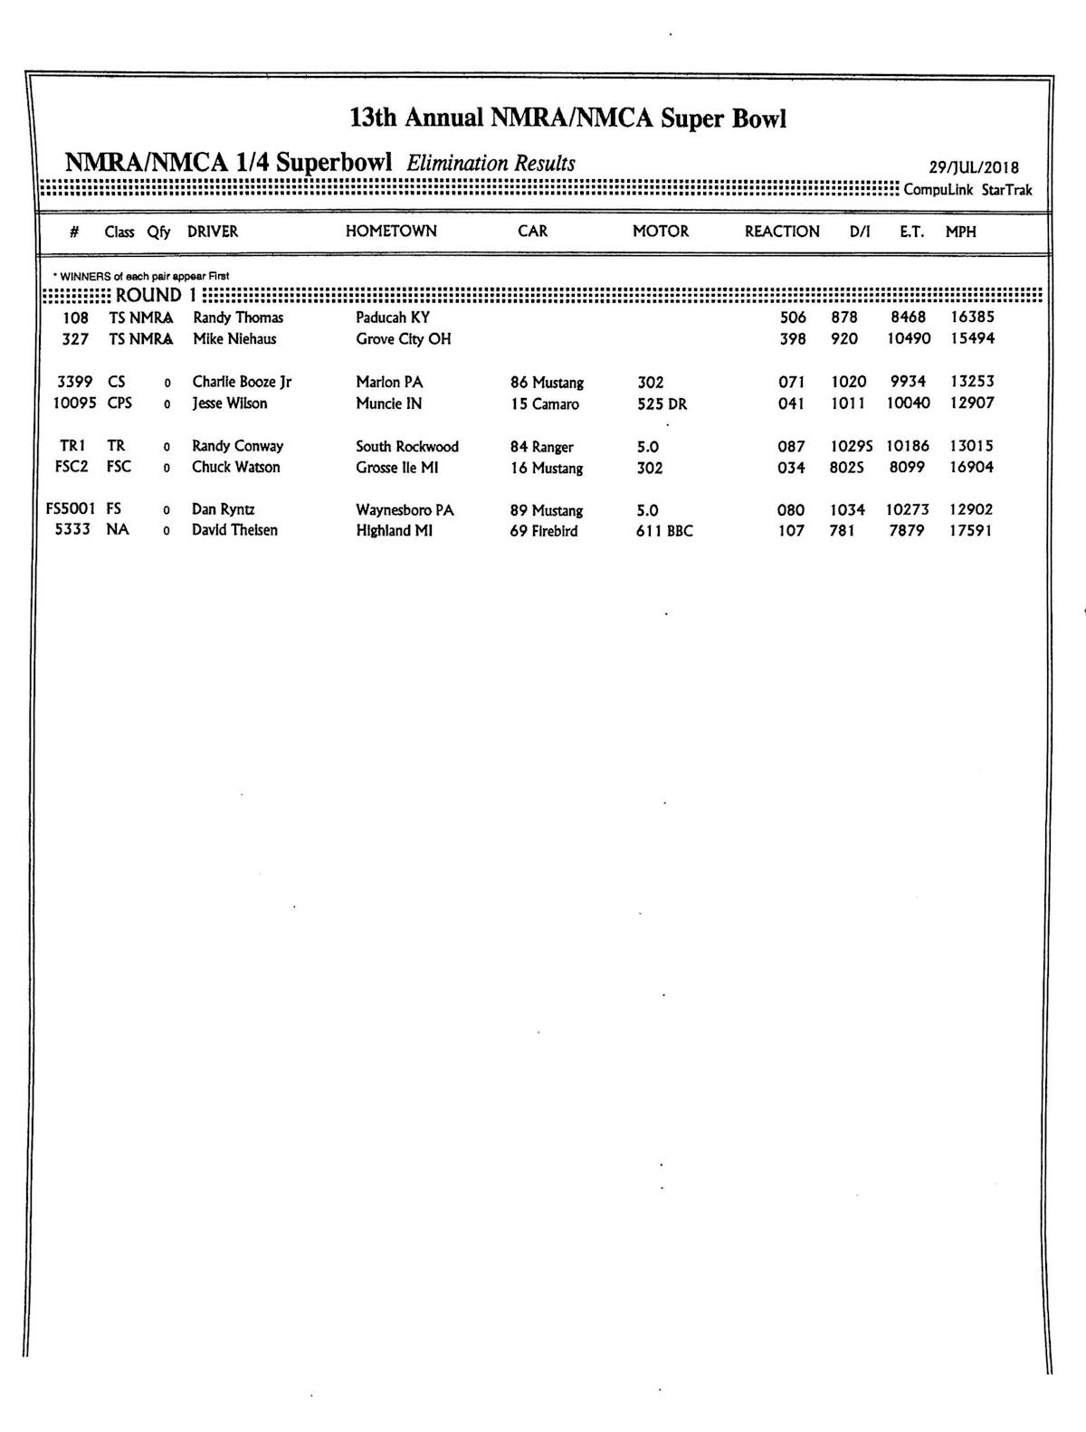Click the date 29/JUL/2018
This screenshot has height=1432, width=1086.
[974, 167]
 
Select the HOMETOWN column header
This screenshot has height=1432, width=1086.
[391, 232]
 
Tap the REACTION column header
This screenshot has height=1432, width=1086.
[782, 232]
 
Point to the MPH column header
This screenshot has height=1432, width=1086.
[961, 232]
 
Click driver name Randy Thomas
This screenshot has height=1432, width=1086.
[238, 318]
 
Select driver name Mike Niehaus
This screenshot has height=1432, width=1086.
[234, 339]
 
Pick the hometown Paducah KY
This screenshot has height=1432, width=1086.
[393, 318]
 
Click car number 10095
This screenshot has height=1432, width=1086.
[74, 403]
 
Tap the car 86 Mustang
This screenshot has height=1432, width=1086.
[547, 383]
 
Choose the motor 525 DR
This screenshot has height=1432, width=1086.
[662, 404]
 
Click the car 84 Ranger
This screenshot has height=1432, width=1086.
[541, 447]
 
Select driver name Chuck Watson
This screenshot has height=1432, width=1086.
[235, 468]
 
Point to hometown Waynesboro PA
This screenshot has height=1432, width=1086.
[405, 510]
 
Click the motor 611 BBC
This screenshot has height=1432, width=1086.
[663, 531]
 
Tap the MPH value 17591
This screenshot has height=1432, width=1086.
[970, 531]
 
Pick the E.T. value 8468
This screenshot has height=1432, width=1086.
[908, 318]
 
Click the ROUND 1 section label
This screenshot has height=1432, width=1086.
[156, 295]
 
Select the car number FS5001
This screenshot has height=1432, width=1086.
[71, 509]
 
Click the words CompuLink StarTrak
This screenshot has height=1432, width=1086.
[967, 190]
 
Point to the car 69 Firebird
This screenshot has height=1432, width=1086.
[543, 531]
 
